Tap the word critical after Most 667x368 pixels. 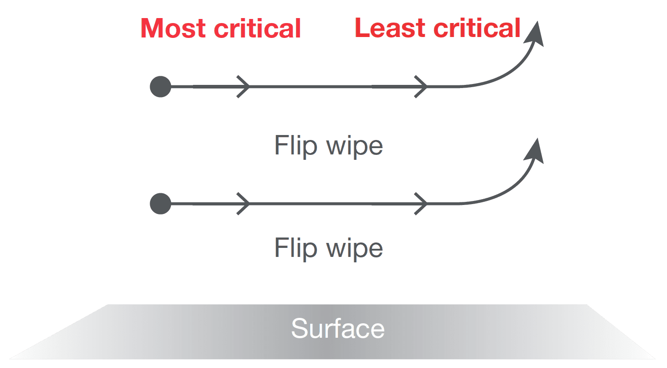coord(257,28)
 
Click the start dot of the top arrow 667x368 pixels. coord(161,87)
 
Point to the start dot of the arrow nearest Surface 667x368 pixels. coord(161,204)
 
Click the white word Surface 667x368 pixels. coord(337,328)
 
